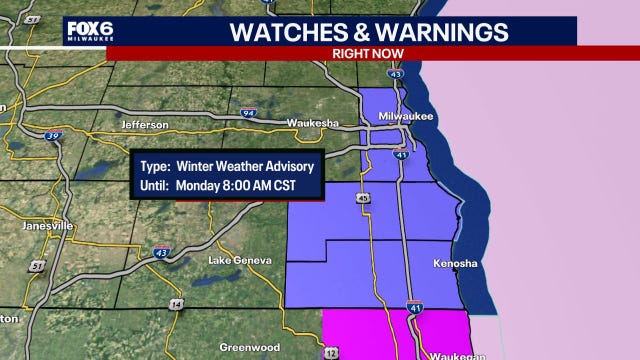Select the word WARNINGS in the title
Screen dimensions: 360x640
pos(444,31)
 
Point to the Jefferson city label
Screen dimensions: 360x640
pos(145,125)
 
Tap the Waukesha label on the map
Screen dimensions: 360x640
pos(314,123)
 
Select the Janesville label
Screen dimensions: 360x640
pos(49,226)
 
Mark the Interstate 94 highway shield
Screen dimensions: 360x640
pos(249,113)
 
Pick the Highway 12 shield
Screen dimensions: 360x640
pos(331,353)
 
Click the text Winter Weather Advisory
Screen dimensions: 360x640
pos(245,165)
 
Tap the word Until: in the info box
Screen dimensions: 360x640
pos(158,185)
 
